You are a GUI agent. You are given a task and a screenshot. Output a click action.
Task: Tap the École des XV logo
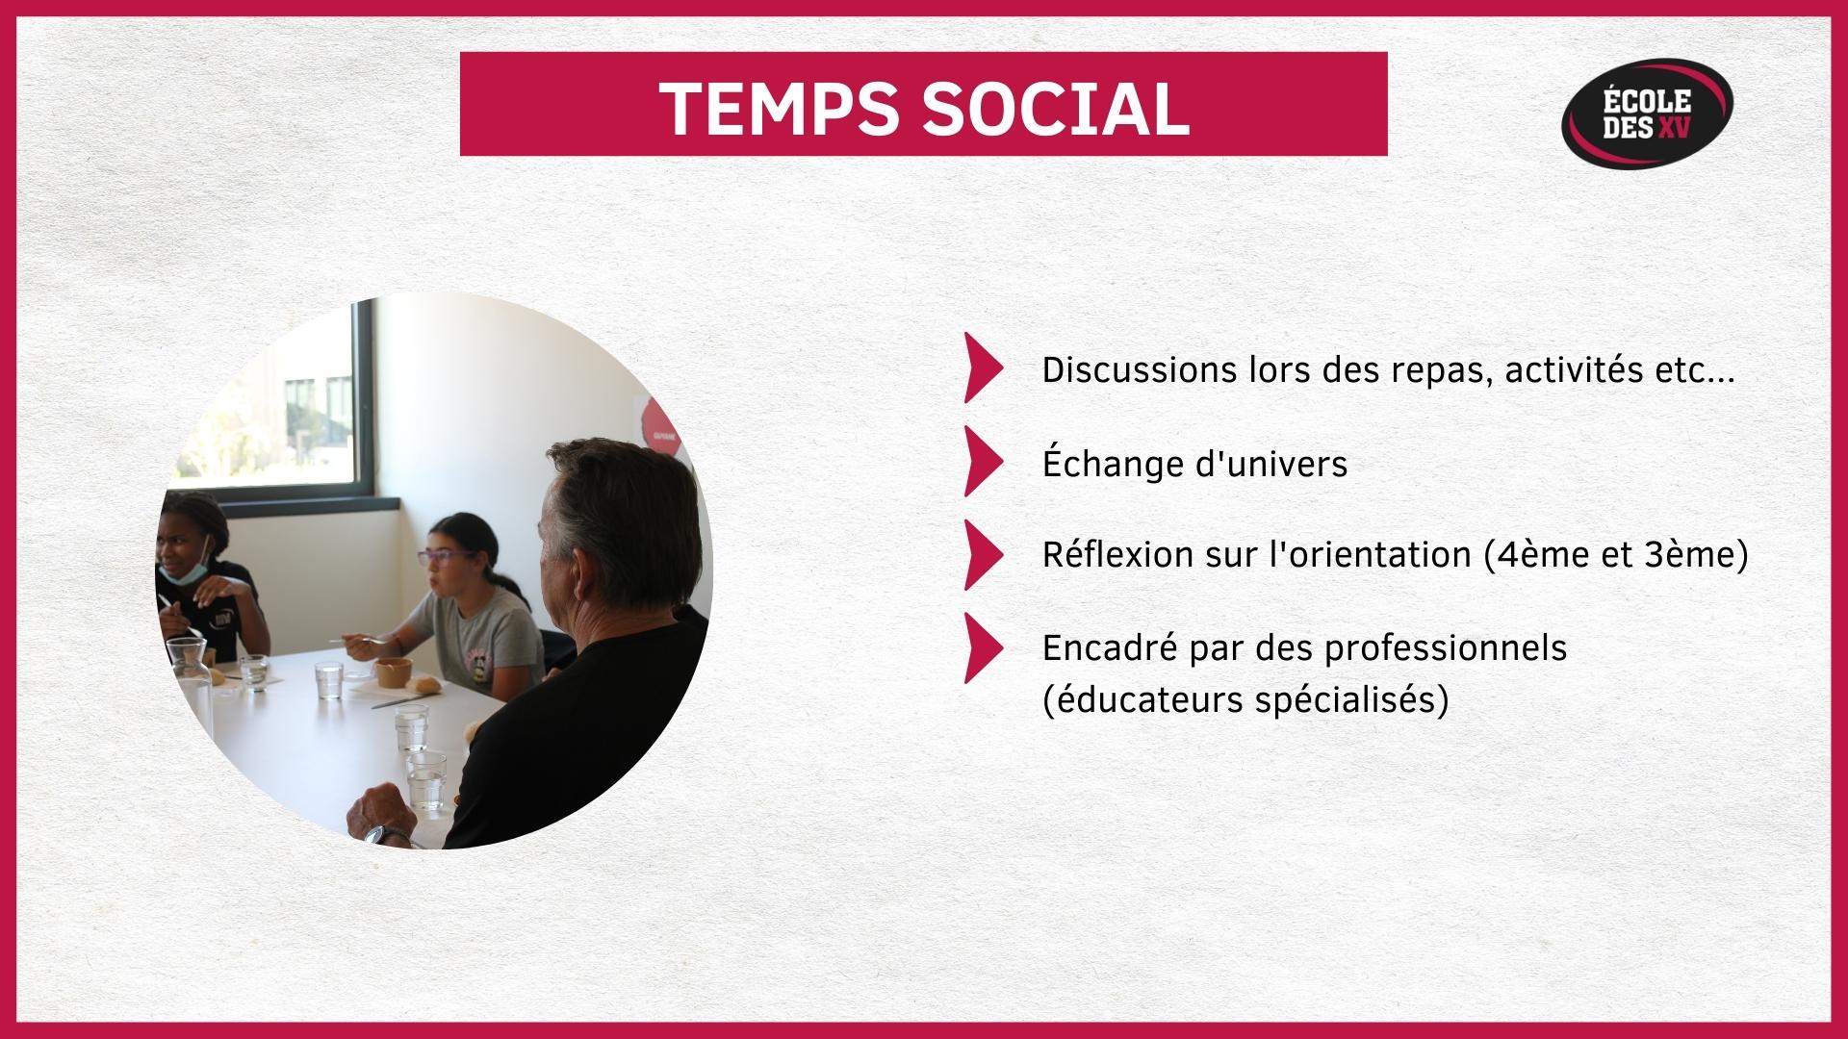point(1647,114)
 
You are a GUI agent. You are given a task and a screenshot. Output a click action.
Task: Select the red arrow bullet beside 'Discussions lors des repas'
point(984,367)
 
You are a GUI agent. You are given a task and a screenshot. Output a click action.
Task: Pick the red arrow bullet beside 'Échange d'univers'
point(984,462)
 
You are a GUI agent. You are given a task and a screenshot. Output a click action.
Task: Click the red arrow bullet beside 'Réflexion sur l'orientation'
point(984,555)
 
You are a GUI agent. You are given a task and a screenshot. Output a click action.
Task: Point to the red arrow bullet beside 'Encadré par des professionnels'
point(984,648)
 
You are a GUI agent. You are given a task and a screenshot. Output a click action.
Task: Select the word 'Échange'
point(1111,462)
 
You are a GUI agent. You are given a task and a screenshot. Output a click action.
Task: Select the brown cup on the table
point(393,672)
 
